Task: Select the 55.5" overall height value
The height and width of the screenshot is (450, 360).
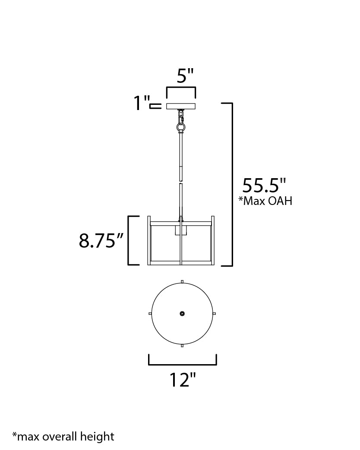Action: pos(264,186)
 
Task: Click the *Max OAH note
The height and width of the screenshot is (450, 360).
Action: pos(265,201)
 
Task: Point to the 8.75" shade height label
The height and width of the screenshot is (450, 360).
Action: pos(98,241)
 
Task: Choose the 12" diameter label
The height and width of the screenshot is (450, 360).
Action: pos(182,380)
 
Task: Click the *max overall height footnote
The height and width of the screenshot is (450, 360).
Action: pos(63,436)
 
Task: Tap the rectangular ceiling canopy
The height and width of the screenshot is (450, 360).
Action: pos(181,106)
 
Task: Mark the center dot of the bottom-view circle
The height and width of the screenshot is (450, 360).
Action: pos(182,314)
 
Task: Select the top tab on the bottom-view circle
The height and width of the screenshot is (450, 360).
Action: pos(182,282)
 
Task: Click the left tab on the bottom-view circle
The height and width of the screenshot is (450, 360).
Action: pos(150,314)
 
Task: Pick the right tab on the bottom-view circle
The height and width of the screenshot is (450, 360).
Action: pos(215,314)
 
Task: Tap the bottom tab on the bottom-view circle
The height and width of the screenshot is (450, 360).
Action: pos(182,346)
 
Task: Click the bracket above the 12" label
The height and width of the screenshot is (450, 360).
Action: pos(182,365)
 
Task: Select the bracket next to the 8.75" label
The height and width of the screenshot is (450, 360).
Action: pos(129,240)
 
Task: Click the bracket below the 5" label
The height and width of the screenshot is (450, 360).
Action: pos(181,88)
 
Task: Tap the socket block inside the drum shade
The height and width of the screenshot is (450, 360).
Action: pos(181,230)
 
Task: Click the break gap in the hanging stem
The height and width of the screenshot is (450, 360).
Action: pos(181,182)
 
